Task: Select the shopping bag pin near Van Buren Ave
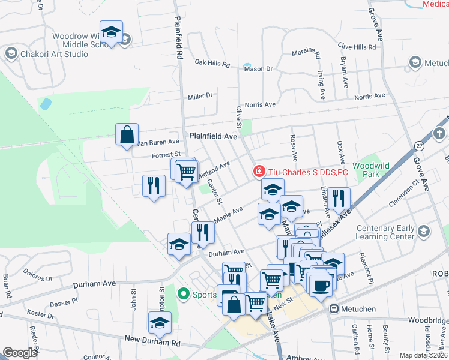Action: point(127,135)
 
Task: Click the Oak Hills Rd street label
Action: point(212,63)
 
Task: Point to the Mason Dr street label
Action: point(259,69)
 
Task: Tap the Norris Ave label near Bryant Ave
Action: point(370,96)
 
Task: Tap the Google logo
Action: point(20,353)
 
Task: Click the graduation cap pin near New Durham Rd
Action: point(159,323)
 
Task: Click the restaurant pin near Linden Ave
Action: point(339,198)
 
